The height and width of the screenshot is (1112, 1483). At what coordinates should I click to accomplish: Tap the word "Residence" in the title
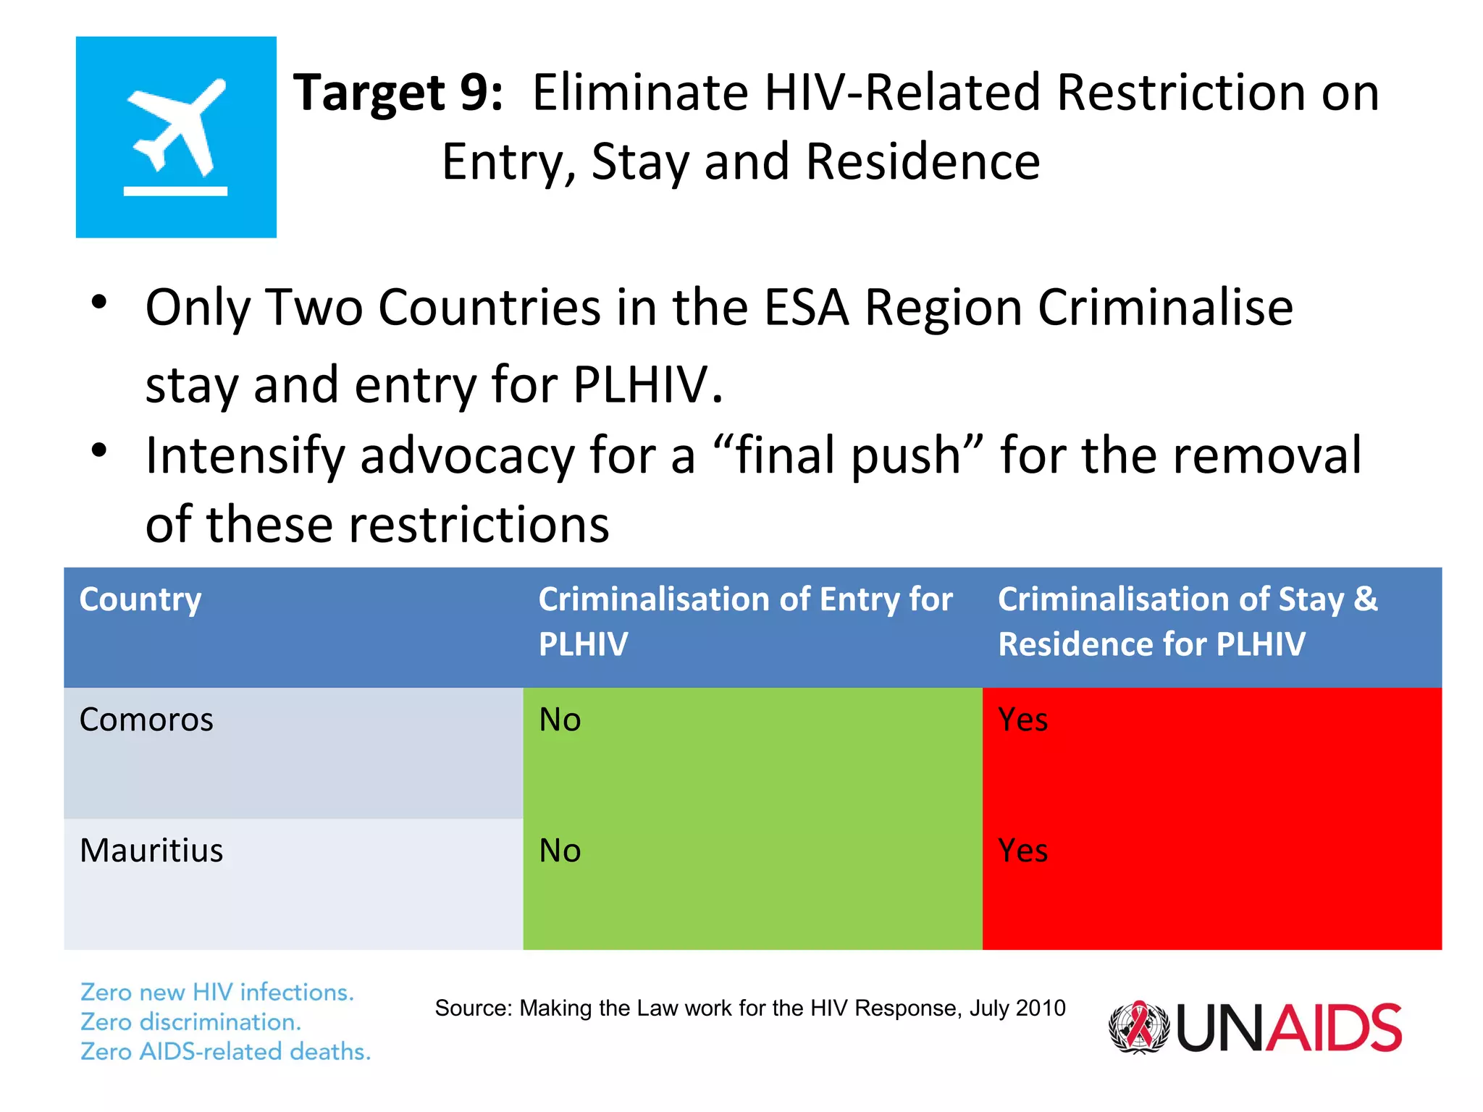[923, 161]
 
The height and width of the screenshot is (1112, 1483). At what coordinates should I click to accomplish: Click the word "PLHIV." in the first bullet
[647, 384]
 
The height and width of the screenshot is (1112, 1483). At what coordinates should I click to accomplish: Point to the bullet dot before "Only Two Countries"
[99, 303]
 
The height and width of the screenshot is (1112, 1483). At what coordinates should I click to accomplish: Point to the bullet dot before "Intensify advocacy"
[99, 450]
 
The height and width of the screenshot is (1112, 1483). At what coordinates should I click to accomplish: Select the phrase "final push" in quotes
[848, 456]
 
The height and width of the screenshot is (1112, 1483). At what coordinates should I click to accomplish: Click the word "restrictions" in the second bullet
[479, 525]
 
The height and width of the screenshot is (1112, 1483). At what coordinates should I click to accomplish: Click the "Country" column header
[140, 600]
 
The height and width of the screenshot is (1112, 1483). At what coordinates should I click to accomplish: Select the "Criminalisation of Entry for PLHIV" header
[744, 621]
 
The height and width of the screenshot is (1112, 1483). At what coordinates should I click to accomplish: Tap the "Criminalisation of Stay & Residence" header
[1188, 621]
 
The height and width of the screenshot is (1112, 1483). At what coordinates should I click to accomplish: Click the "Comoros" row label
[146, 720]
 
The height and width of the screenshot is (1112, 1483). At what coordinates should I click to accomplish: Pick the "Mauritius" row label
[151, 851]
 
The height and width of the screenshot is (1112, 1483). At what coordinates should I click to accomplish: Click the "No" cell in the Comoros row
[560, 720]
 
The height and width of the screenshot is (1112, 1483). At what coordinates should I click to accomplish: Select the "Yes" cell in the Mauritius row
[1022, 851]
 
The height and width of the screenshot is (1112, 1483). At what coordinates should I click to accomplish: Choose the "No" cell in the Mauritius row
[560, 851]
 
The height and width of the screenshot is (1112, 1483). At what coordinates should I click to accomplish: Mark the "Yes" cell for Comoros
[1022, 720]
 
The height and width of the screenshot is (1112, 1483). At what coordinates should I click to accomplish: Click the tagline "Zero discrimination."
[190, 1022]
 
